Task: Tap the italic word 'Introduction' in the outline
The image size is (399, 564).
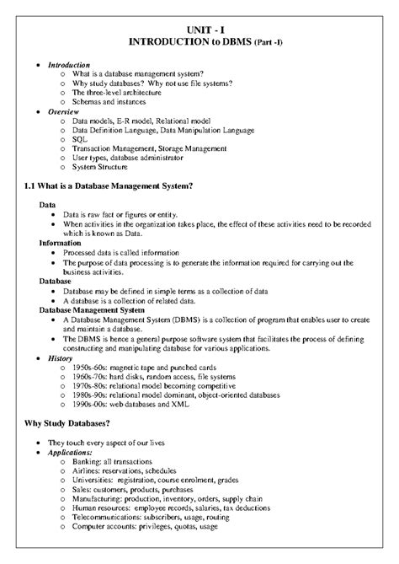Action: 67,64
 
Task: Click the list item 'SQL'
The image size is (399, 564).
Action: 81,137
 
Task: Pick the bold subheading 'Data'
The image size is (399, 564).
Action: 49,205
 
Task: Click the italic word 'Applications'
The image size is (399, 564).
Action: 70,453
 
